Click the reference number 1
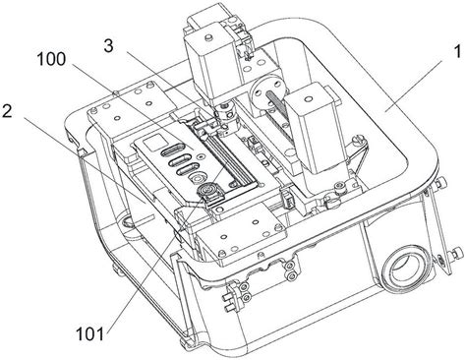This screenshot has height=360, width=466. [457, 52]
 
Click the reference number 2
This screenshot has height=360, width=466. [7, 111]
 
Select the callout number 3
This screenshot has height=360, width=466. [109, 45]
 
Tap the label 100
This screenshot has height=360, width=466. [51, 59]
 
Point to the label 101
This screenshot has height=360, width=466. [89, 334]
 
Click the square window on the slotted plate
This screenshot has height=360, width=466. [152, 143]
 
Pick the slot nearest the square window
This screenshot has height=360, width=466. [173, 153]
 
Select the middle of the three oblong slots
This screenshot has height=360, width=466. [180, 162]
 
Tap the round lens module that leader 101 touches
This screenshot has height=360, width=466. [207, 191]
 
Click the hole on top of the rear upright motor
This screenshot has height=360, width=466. [207, 38]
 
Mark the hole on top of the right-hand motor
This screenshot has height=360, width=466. [307, 98]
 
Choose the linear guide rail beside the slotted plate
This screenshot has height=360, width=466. [222, 154]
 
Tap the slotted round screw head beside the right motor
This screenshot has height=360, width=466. [360, 141]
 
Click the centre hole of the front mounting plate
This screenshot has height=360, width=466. [255, 222]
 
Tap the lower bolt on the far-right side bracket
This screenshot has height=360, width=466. [457, 253]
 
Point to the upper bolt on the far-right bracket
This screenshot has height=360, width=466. [443, 181]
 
